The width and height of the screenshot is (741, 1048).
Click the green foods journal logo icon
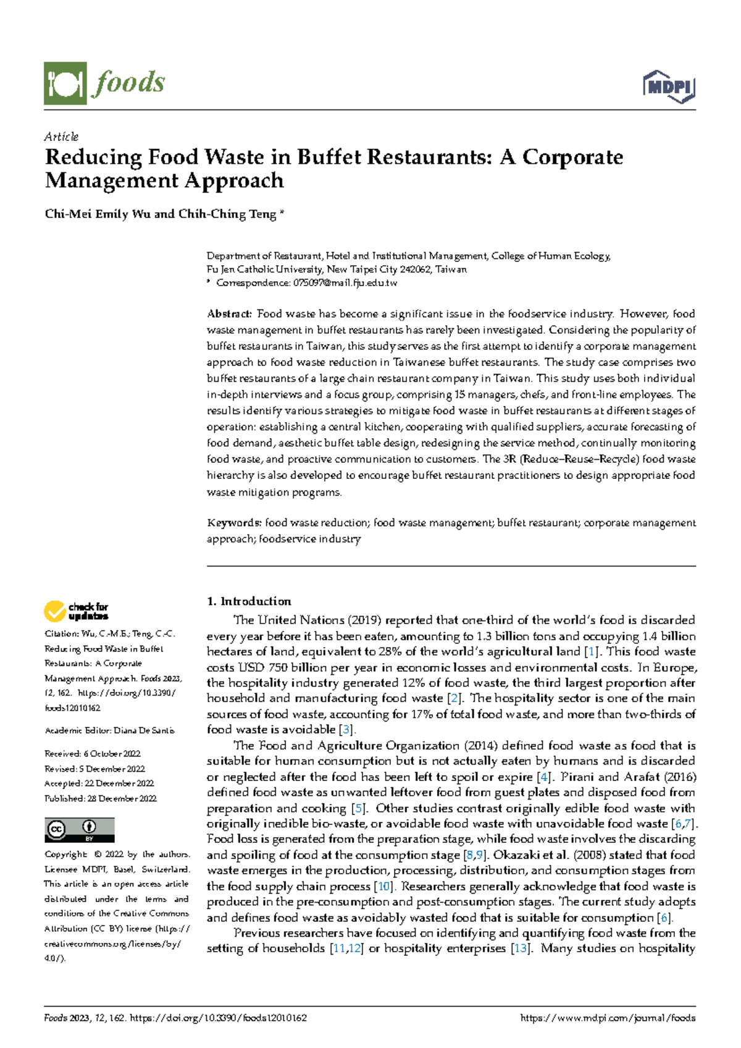65,83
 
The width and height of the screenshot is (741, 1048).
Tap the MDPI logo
669,87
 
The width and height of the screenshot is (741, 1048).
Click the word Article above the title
61,137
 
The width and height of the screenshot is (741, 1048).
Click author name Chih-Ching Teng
227,214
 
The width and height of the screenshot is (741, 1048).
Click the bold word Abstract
229,314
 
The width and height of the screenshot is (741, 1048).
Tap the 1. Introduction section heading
249,601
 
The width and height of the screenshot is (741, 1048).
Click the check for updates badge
76,611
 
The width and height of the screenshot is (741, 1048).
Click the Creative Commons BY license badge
79,830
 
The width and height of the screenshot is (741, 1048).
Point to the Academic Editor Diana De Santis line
109,730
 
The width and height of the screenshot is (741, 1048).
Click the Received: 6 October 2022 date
93,754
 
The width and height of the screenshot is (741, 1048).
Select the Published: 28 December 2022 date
101,798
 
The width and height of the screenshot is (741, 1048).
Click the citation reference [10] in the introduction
384,887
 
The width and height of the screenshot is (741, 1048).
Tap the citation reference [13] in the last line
520,949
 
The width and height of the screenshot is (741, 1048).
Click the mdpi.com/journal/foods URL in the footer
608,1018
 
